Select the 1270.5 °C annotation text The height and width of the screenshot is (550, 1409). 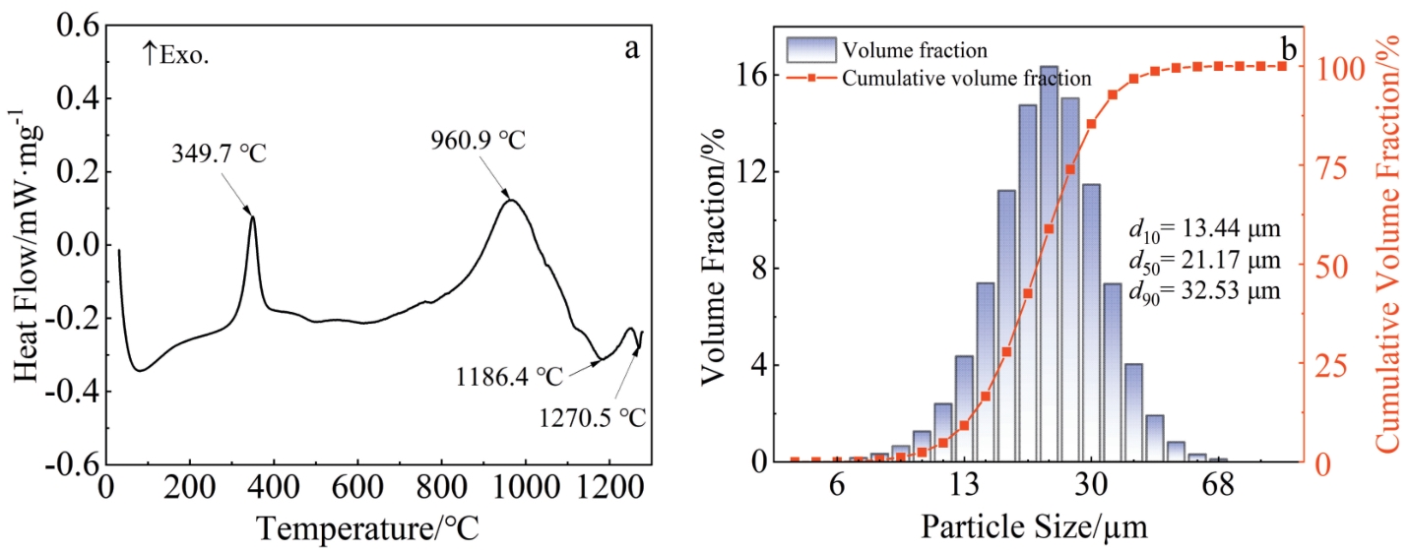pyautogui.click(x=591, y=417)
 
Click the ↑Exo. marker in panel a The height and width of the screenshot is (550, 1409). pyautogui.click(x=177, y=54)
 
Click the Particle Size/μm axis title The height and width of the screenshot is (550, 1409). pyautogui.click(x=1034, y=526)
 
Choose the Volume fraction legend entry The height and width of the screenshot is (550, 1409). pyautogui.click(x=915, y=48)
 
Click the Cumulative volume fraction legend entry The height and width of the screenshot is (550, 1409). pyautogui.click(x=965, y=78)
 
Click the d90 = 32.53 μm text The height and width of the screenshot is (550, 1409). pyautogui.click(x=1203, y=291)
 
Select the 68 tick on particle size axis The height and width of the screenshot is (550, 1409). pyautogui.click(x=1219, y=487)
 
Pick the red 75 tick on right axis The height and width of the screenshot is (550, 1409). pyautogui.click(x=1322, y=167)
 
